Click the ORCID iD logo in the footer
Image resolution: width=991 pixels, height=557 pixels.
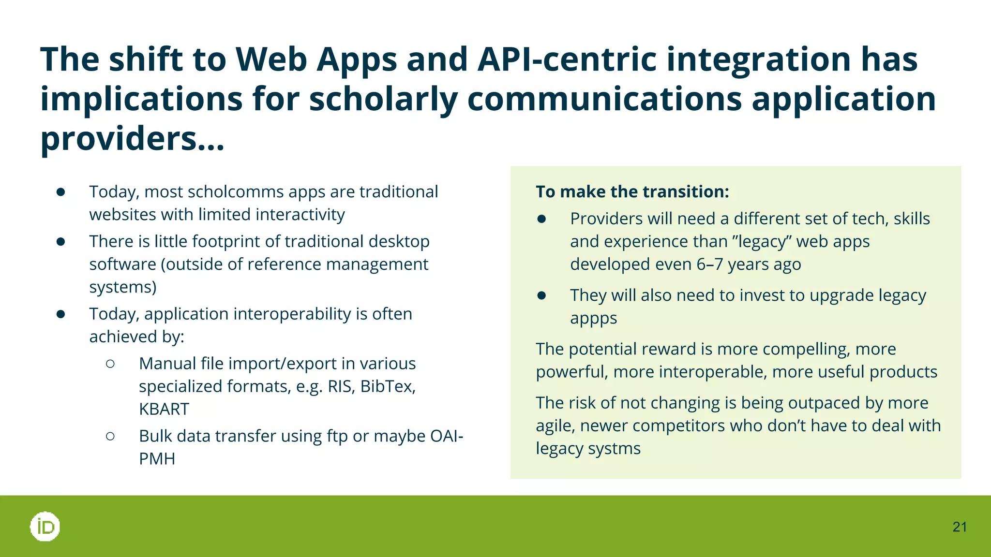click(x=45, y=527)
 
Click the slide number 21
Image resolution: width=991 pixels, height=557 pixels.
click(x=960, y=527)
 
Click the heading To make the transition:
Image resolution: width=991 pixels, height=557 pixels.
click(x=632, y=192)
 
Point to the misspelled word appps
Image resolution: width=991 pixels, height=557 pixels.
click(x=593, y=319)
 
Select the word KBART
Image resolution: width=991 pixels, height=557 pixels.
click(x=164, y=410)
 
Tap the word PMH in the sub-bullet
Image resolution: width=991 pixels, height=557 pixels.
click(x=157, y=459)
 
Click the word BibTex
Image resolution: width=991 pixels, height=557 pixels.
click(x=388, y=386)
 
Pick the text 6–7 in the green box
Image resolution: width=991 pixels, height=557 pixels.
click(x=709, y=264)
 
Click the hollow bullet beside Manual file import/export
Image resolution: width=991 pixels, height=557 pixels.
click(x=110, y=364)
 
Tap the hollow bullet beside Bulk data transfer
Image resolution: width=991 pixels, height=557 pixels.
click(x=110, y=436)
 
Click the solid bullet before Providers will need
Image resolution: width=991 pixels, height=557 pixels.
click(x=541, y=219)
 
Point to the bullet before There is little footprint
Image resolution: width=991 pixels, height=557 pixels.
click(x=60, y=242)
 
